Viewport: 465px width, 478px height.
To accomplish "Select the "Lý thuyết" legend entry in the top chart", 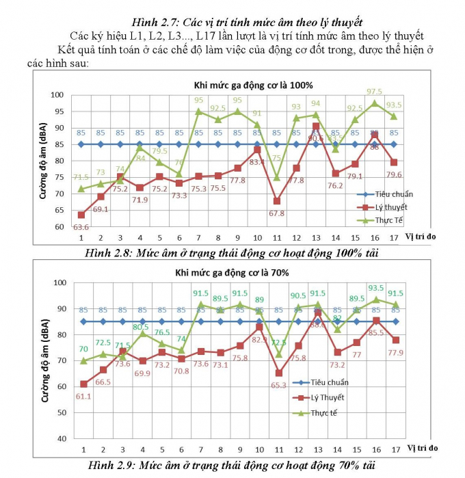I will click(408, 207).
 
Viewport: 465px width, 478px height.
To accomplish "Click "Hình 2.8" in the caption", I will click(110, 253).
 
